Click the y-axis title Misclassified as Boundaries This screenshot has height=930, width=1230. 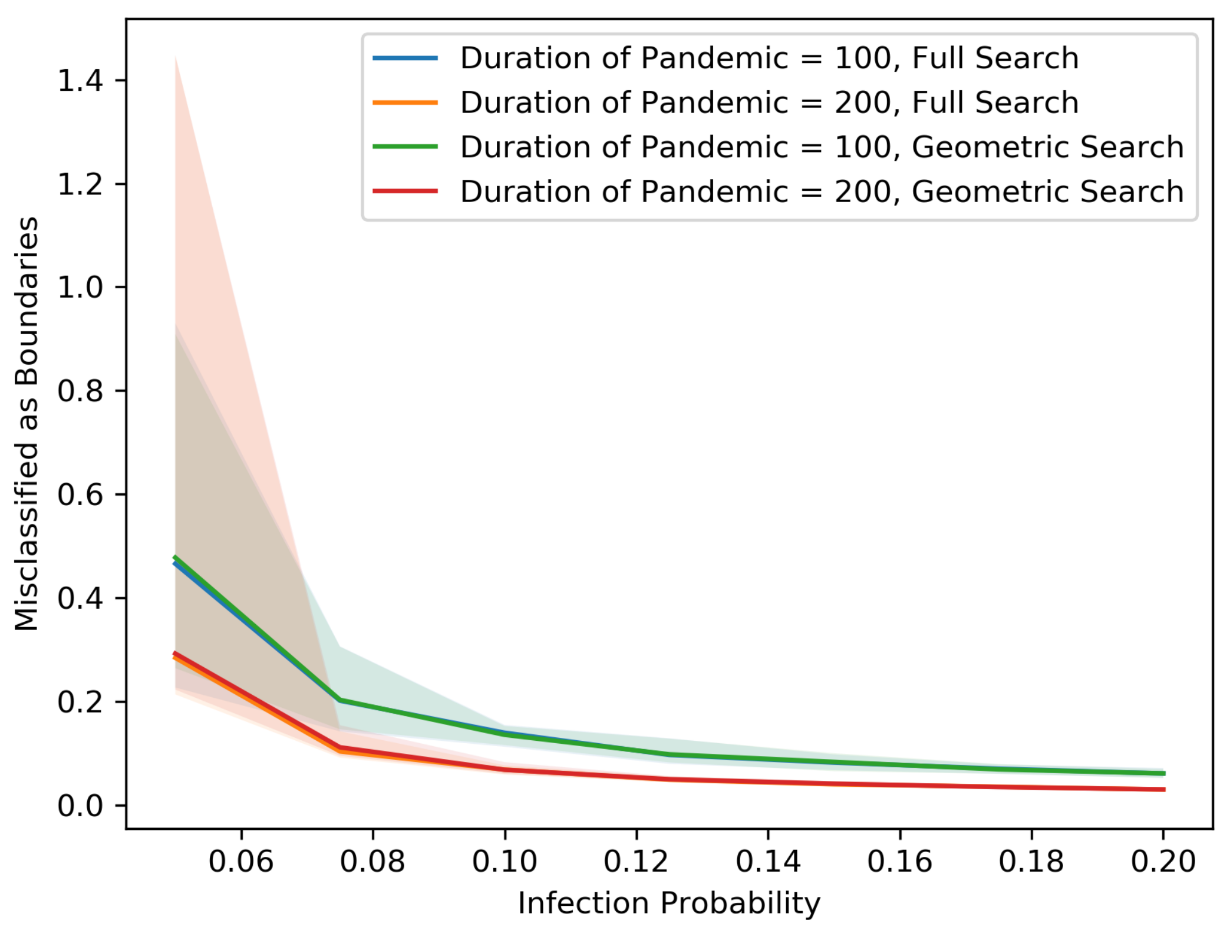tap(27, 424)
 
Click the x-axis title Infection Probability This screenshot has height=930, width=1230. tap(669, 903)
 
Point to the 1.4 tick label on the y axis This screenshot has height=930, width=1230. tap(80, 80)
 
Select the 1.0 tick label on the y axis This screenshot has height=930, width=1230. tap(80, 288)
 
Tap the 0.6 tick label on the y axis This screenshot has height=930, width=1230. tap(80, 494)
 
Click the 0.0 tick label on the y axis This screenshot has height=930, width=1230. tap(80, 806)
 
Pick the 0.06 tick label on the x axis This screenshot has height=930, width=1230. tap(241, 862)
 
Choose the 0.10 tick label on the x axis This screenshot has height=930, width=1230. tap(504, 862)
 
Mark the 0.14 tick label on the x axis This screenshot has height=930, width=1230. tap(768, 862)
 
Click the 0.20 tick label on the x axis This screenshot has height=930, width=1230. tap(1163, 862)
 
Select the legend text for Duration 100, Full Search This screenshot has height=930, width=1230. tap(769, 58)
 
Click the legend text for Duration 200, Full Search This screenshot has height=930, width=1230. tap(769, 103)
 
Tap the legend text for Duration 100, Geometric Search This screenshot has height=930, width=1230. tap(822, 147)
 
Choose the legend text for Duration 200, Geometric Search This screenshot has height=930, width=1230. tap(822, 192)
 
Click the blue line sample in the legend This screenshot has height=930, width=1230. tap(405, 58)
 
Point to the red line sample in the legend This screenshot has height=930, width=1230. tap(405, 192)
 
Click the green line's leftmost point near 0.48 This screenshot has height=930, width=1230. tap(176, 558)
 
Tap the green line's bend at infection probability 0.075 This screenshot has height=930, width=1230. tap(340, 700)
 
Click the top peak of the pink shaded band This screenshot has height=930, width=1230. tap(176, 58)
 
